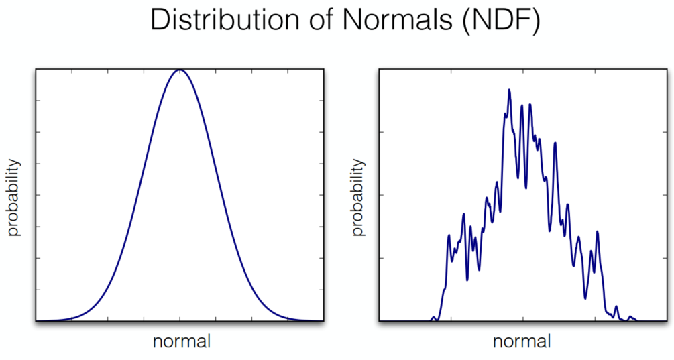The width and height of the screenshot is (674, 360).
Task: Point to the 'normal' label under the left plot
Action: pyautogui.click(x=181, y=341)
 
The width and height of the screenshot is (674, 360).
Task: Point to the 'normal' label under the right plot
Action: pyautogui.click(x=522, y=341)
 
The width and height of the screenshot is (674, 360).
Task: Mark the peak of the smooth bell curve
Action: pyautogui.click(x=179, y=70)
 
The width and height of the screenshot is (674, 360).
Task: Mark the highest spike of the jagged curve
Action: pyautogui.click(x=509, y=90)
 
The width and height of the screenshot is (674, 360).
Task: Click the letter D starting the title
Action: pyautogui.click(x=162, y=20)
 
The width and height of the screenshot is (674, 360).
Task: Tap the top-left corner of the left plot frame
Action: pyautogui.click(x=36, y=69)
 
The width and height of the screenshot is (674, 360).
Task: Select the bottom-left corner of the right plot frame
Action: pyautogui.click(x=380, y=321)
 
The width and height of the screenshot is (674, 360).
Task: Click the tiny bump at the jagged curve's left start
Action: pyautogui.click(x=434, y=317)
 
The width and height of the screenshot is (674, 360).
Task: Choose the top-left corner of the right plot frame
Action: pyautogui.click(x=380, y=69)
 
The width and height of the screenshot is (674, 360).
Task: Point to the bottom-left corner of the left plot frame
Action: pyautogui.click(x=36, y=321)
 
